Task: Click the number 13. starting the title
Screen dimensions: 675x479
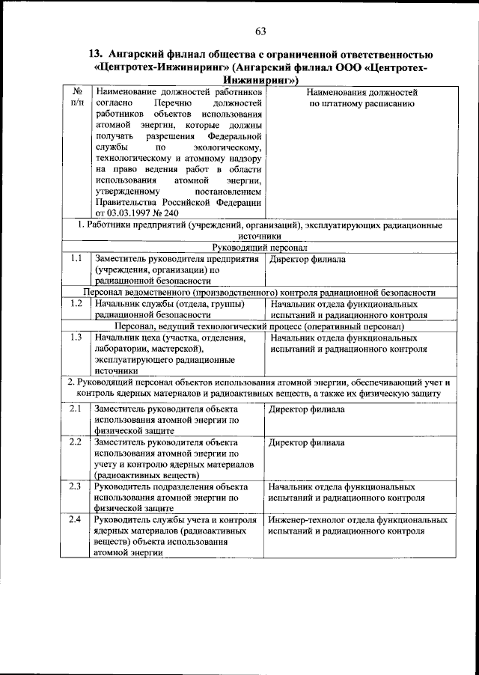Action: [96, 54]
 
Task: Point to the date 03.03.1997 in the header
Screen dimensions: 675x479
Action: [134, 213]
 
